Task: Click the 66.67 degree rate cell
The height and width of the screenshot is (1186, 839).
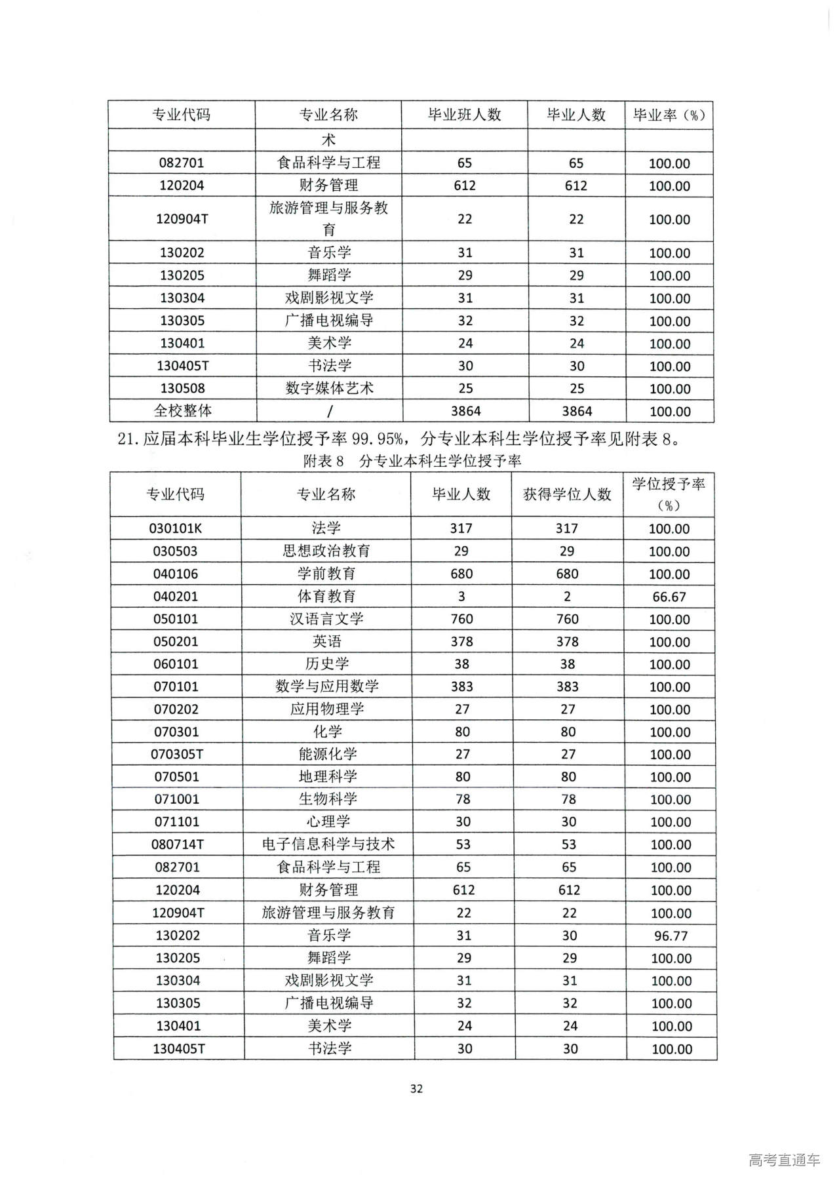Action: point(669,597)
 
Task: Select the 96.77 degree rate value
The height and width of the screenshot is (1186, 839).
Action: point(671,936)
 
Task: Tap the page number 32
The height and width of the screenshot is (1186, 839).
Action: point(416,1089)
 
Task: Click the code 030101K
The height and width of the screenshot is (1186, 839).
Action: point(175,528)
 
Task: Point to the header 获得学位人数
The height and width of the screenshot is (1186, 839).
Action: point(567,494)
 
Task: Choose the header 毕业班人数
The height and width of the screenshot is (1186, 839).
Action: point(464,115)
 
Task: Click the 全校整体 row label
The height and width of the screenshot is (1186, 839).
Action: point(183,411)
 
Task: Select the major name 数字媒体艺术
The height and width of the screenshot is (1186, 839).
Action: point(329,388)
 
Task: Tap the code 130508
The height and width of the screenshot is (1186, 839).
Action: point(182,388)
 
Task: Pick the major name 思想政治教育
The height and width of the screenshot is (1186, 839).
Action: point(326,551)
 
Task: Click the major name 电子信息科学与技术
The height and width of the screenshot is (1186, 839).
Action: point(328,844)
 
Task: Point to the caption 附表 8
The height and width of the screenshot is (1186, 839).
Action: point(323,461)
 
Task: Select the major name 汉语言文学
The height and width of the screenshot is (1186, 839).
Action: point(326,619)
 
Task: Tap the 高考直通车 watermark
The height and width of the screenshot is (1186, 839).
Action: point(784,1160)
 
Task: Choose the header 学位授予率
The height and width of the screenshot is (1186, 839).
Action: point(669,484)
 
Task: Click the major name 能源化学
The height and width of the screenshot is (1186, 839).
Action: point(328,754)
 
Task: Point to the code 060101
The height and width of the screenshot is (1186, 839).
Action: point(176,664)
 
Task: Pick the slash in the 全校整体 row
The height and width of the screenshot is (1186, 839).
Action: point(329,411)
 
